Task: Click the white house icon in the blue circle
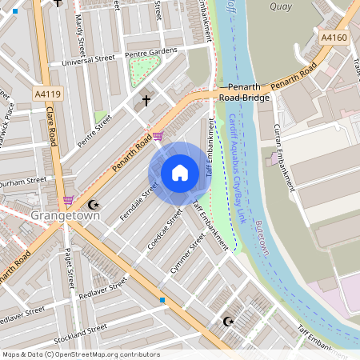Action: (x=179, y=172)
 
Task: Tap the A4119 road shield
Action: (x=46, y=94)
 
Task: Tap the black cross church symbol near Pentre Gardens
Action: (x=146, y=101)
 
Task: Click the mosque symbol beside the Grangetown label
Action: (x=93, y=205)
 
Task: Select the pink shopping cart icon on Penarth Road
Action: (x=158, y=137)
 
